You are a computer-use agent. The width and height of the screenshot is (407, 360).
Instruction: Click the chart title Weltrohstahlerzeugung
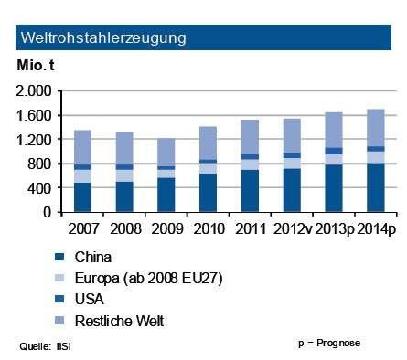click(103, 38)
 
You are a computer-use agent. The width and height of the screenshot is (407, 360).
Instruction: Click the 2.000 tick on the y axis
click(35, 91)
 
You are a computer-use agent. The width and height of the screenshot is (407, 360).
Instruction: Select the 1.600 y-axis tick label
click(35, 115)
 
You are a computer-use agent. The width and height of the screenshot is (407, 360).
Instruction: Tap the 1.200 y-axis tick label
click(35, 140)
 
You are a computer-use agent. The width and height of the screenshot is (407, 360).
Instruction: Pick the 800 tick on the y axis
click(41, 164)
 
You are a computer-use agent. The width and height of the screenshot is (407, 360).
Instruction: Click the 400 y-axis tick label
click(41, 188)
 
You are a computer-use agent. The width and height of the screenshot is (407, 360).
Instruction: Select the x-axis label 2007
click(82, 225)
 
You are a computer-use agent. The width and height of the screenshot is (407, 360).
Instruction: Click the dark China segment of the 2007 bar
click(82, 197)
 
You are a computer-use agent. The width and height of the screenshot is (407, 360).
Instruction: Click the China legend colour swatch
click(60, 257)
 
